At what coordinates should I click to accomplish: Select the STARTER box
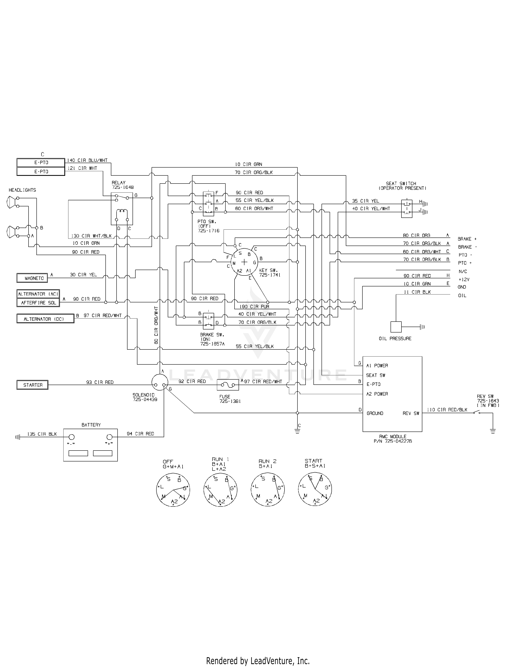coord(32,385)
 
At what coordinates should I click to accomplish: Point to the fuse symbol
coord(228,385)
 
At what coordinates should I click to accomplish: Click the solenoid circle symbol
coord(160,382)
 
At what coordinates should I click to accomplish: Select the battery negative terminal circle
coord(71,437)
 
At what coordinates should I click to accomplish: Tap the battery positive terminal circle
coord(109,437)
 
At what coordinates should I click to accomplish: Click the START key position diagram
coord(315,490)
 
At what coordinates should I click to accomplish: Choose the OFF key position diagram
coord(173,490)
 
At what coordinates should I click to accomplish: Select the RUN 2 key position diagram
coord(268,490)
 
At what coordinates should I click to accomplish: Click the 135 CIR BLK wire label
coord(42,434)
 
